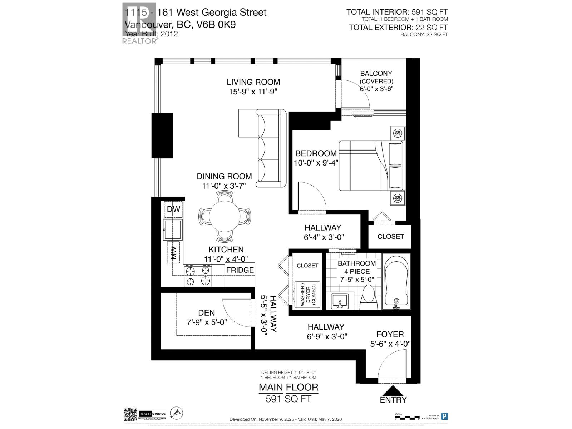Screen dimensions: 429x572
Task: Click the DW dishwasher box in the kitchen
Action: [173, 209]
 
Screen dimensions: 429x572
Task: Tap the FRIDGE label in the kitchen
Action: [240, 270]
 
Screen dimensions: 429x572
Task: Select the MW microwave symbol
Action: [173, 253]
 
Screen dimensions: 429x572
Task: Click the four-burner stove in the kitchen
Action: [198, 276]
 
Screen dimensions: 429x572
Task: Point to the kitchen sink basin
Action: [173, 230]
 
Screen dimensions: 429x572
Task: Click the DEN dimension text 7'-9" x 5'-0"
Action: [207, 322]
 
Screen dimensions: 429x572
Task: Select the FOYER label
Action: [390, 334]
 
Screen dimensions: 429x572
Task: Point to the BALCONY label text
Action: [376, 74]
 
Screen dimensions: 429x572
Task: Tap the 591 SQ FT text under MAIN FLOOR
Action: [288, 399]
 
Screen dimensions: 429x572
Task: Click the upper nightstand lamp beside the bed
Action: [397, 133]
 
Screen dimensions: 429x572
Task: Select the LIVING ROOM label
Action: [253, 82]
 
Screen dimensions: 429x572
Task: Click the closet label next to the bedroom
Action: [390, 236]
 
